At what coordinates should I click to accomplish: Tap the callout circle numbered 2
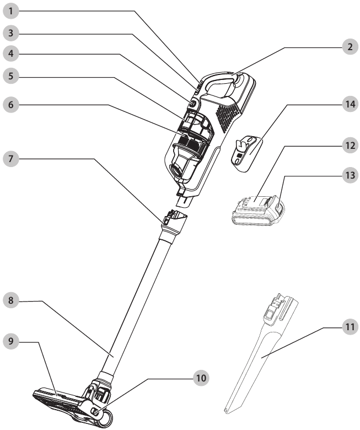347,47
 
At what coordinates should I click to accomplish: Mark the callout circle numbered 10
202,378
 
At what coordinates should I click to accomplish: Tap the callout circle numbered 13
347,175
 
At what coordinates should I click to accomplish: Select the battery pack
256,212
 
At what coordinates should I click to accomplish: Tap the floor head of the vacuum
66,400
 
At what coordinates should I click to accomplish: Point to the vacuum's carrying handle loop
221,83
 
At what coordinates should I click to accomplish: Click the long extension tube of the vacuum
138,303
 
